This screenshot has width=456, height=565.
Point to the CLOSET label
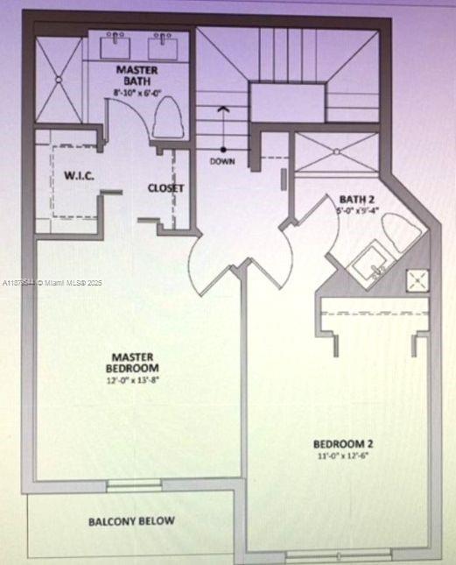pyautogui.click(x=165, y=187)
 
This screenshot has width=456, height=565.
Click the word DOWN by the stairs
pyautogui.click(x=222, y=161)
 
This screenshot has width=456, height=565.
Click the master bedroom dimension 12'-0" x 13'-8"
pyautogui.click(x=133, y=380)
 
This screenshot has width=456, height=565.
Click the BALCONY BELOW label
pyautogui.click(x=131, y=521)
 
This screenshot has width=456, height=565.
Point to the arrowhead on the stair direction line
pyautogui.click(x=223, y=109)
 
